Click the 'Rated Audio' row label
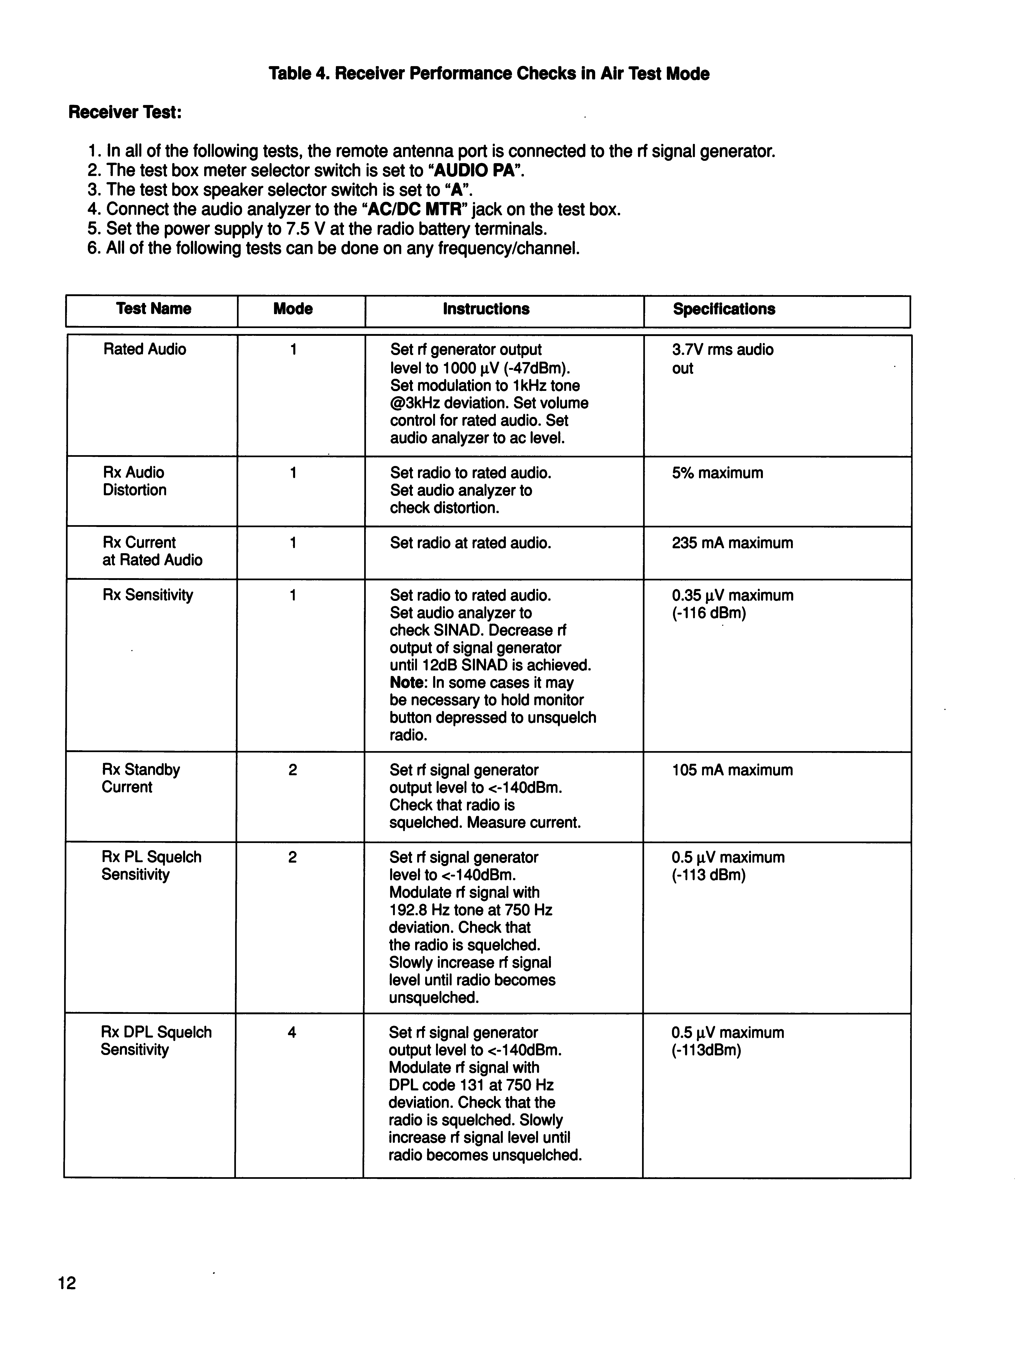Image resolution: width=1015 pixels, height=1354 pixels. click(145, 350)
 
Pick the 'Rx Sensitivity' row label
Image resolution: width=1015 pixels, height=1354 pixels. click(148, 595)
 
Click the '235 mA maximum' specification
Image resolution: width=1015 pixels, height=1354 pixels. click(732, 543)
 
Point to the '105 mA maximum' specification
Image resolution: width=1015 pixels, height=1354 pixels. click(732, 770)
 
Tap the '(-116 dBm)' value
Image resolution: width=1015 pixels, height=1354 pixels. click(709, 613)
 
